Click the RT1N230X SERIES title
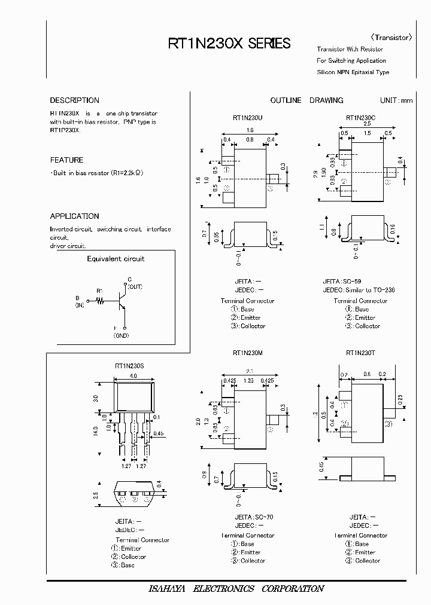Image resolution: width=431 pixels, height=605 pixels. tap(229, 44)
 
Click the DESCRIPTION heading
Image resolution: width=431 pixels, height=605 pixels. tap(74, 100)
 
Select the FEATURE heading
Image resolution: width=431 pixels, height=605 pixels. tap(66, 160)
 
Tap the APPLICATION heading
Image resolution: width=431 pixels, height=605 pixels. tap(74, 216)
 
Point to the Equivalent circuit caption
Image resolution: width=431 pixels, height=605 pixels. tap(116, 259)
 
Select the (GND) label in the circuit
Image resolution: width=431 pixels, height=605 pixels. tap(122, 337)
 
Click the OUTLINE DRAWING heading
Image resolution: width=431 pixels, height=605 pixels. tap(306, 100)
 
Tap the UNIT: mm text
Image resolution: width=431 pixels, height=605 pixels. tap(396, 100)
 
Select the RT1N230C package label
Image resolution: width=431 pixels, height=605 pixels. tap(361, 118)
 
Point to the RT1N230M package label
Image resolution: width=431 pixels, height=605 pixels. tap(248, 353)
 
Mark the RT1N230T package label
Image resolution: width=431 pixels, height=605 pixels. tap(361, 353)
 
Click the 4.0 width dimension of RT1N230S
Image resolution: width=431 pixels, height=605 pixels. tap(133, 376)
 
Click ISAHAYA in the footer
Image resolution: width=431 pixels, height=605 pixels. tap(168, 589)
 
